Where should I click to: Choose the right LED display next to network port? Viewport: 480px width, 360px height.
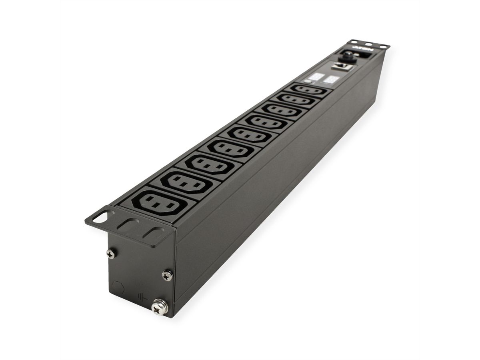[x=330, y=79]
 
